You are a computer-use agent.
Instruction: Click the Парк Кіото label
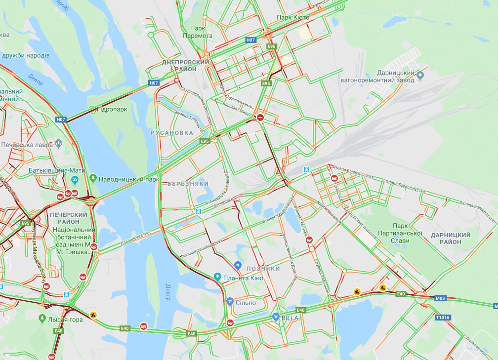click(293, 17)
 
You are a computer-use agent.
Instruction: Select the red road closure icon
click(260, 118)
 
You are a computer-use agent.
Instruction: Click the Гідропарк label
click(114, 109)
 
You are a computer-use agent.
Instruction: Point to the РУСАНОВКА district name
click(172, 133)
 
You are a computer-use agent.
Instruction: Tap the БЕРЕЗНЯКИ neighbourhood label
click(188, 183)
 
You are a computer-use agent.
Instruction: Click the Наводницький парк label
click(129, 179)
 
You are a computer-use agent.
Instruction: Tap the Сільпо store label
click(246, 302)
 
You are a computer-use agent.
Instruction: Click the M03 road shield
click(440, 298)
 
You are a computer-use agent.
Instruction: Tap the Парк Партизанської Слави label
click(400, 237)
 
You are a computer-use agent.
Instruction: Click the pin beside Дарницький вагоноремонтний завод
click(420, 76)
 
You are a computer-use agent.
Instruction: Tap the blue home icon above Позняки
click(238, 266)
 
